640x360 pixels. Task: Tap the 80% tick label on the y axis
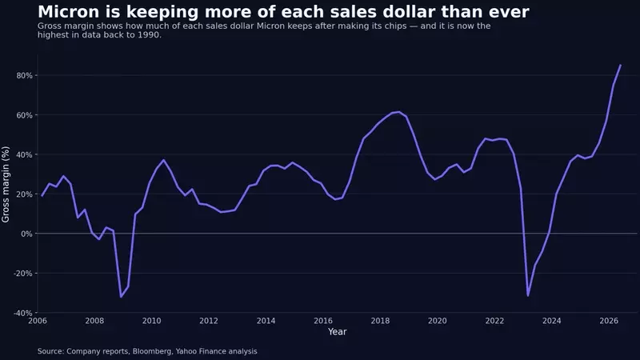pos(24,75)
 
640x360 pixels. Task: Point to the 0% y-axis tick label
pos(27,234)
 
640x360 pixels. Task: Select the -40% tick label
pos(23,313)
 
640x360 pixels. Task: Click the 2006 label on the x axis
pos(37,321)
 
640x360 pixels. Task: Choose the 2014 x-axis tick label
pos(266,321)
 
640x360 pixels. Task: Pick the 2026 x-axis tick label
pos(609,321)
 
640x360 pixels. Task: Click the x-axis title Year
pos(337,332)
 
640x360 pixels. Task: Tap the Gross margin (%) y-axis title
pos(6,185)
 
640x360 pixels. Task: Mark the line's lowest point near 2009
pos(121,297)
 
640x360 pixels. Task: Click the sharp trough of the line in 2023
pos(528,295)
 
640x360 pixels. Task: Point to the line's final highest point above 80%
pos(621,65)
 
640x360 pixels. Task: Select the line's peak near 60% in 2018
pos(398,112)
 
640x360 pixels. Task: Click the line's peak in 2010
pos(164,160)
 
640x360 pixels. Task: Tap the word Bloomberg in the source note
pos(152,351)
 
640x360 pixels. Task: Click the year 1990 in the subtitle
pos(149,35)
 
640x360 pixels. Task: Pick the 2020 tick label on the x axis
pos(437,321)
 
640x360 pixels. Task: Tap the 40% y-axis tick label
pos(24,154)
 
